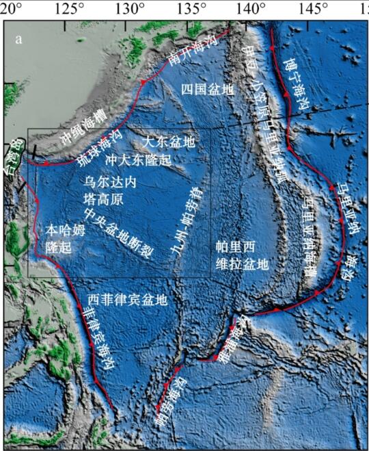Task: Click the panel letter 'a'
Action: coord(18,39)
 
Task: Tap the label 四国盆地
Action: coord(205,90)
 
